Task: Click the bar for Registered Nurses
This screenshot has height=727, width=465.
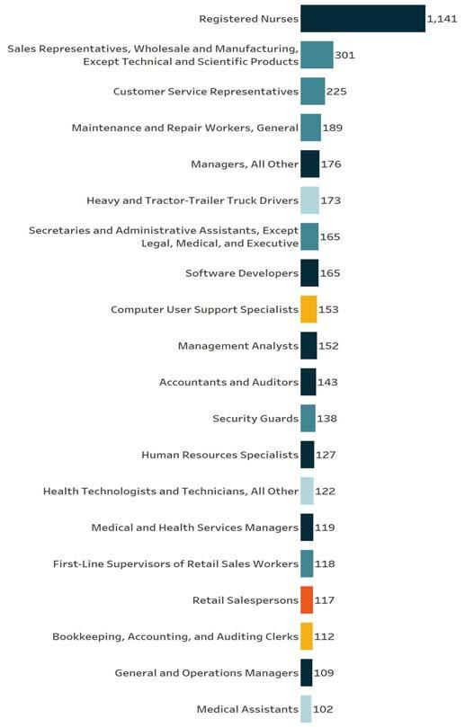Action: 362,19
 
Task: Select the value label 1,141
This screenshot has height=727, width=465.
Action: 442,19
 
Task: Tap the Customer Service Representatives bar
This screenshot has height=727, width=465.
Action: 313,92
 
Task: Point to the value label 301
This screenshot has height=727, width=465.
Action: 344,55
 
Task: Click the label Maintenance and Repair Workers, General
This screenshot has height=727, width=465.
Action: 185,128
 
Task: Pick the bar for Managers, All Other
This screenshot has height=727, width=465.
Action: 310,164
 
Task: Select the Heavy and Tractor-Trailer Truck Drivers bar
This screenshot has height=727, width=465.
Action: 310,200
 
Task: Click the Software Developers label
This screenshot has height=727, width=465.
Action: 242,273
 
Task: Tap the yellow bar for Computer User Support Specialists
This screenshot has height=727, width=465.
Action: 309,309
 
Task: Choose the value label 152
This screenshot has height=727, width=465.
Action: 328,346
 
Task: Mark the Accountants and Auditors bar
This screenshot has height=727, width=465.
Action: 309,382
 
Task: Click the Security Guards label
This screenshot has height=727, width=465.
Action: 255,419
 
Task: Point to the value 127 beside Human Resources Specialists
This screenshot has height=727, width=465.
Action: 326,455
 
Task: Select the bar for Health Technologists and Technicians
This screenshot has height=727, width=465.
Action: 308,491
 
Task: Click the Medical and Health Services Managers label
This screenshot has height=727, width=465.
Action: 195,528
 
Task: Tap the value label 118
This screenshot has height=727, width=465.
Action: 325,563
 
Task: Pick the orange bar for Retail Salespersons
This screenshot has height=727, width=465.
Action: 307,600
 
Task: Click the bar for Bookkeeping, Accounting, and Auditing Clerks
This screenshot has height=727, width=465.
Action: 307,636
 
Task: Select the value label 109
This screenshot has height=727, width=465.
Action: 324,673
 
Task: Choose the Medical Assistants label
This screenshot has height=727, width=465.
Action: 248,709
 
